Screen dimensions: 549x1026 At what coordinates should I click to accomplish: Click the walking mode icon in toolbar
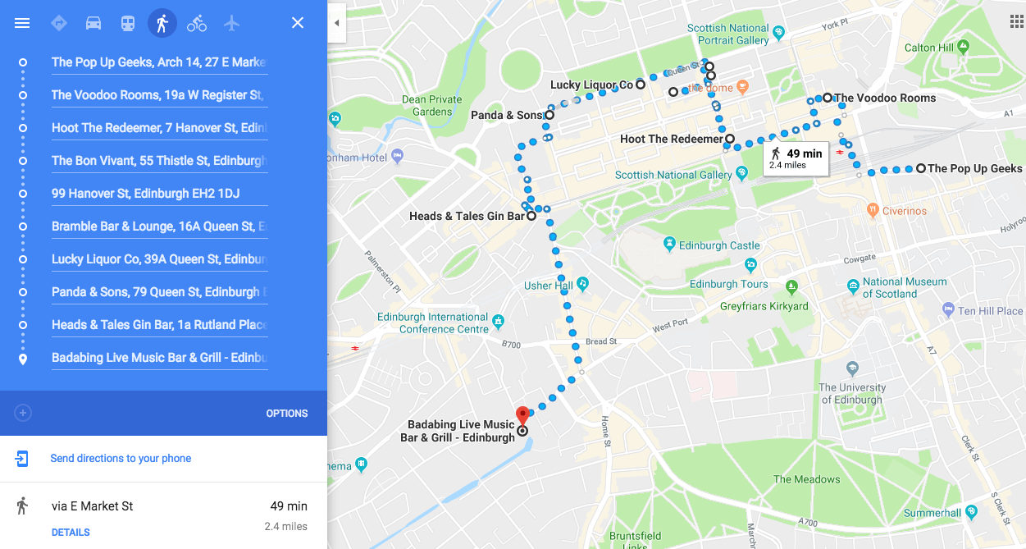162,23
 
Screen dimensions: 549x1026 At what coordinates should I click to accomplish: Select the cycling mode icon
197,23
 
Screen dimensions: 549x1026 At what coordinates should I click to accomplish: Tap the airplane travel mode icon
232,23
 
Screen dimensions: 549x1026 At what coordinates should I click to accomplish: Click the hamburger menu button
22,23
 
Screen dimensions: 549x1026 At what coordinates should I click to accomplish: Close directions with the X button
298,23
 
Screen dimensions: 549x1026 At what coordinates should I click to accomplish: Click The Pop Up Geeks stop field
158,62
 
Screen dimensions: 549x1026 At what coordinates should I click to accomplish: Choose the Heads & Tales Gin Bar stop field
158,325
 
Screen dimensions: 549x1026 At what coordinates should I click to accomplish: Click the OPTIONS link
287,414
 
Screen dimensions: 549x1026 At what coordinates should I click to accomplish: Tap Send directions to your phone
121,459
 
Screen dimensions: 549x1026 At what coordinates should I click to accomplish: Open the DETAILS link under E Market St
71,533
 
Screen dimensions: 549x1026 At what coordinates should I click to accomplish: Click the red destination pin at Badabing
522,414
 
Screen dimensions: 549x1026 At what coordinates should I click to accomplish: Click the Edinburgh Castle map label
719,245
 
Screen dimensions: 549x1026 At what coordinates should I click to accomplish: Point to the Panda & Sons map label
507,116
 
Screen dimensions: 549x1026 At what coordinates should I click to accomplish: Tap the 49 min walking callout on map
796,158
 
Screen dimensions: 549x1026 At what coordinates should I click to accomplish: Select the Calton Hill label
930,48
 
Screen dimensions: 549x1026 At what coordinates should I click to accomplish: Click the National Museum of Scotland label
904,287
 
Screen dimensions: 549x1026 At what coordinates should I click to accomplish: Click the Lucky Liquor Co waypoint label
591,85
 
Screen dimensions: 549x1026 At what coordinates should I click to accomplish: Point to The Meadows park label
806,479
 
